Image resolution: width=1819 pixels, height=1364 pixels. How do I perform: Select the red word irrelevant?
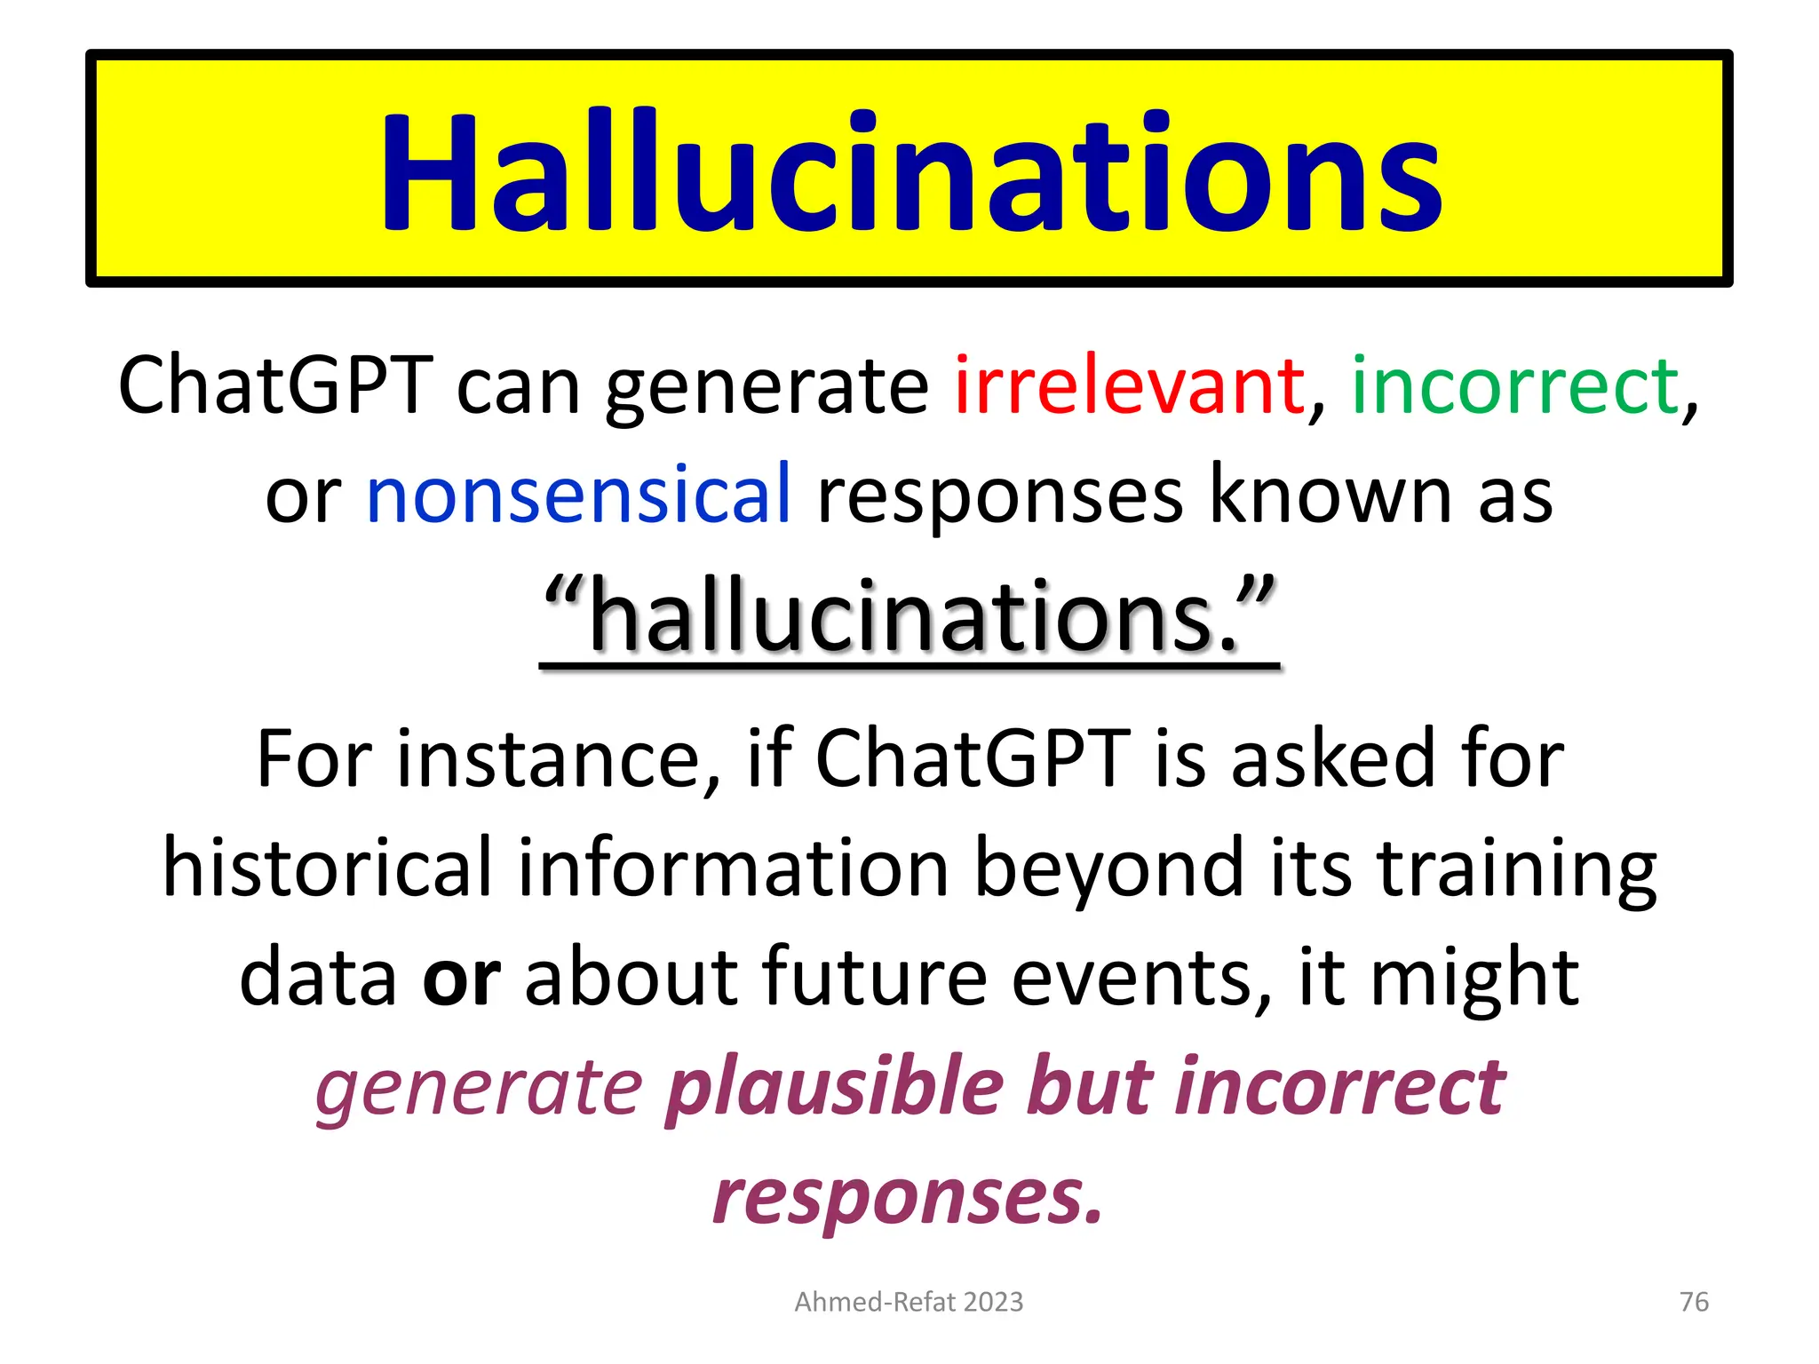pos(1128,386)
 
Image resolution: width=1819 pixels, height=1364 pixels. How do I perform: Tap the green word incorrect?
pos(1514,386)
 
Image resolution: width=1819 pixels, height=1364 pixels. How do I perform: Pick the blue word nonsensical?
pos(577,495)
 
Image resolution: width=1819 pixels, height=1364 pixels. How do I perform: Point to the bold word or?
pos(461,977)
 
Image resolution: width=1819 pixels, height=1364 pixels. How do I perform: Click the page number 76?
pos(1694,1302)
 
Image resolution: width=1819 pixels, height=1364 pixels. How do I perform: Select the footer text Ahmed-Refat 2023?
pos(909,1302)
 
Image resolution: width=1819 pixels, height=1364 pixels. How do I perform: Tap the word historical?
pos(327,868)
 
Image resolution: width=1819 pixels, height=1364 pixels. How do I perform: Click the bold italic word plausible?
pos(834,1088)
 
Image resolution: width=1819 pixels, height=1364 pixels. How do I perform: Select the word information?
pos(734,868)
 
